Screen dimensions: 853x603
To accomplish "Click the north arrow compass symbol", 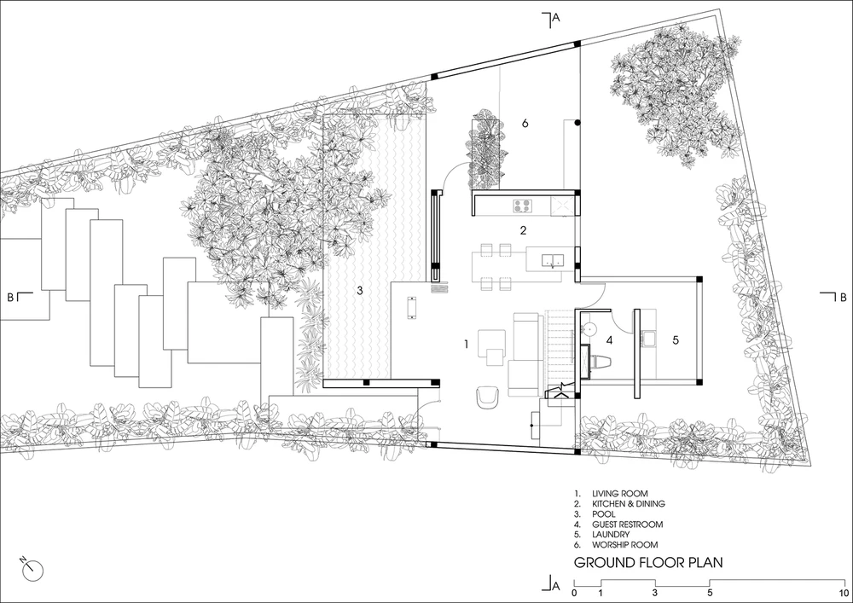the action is click(33, 569).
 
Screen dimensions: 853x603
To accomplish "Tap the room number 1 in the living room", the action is click(467, 344).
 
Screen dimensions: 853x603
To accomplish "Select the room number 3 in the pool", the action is click(360, 290).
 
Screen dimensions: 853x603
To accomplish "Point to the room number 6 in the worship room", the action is click(525, 124).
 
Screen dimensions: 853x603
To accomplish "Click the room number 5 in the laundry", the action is click(676, 339).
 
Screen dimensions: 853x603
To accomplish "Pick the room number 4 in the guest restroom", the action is click(609, 340).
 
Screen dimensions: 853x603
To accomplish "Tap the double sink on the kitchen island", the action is click(554, 260).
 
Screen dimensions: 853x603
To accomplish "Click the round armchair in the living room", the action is click(487, 397).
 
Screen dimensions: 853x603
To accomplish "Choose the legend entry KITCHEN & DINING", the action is click(629, 503).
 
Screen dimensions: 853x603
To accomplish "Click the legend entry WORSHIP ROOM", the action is click(625, 544).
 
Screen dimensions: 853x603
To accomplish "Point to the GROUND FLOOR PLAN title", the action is click(648, 562).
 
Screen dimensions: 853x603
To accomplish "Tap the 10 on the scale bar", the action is click(844, 594).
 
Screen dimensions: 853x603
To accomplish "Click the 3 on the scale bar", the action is click(655, 594).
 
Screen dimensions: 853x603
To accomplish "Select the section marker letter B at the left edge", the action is click(9, 298).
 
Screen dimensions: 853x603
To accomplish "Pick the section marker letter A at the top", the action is click(555, 18).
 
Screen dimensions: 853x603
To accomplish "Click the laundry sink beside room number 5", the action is click(649, 338).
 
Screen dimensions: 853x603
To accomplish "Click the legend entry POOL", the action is click(604, 513).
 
